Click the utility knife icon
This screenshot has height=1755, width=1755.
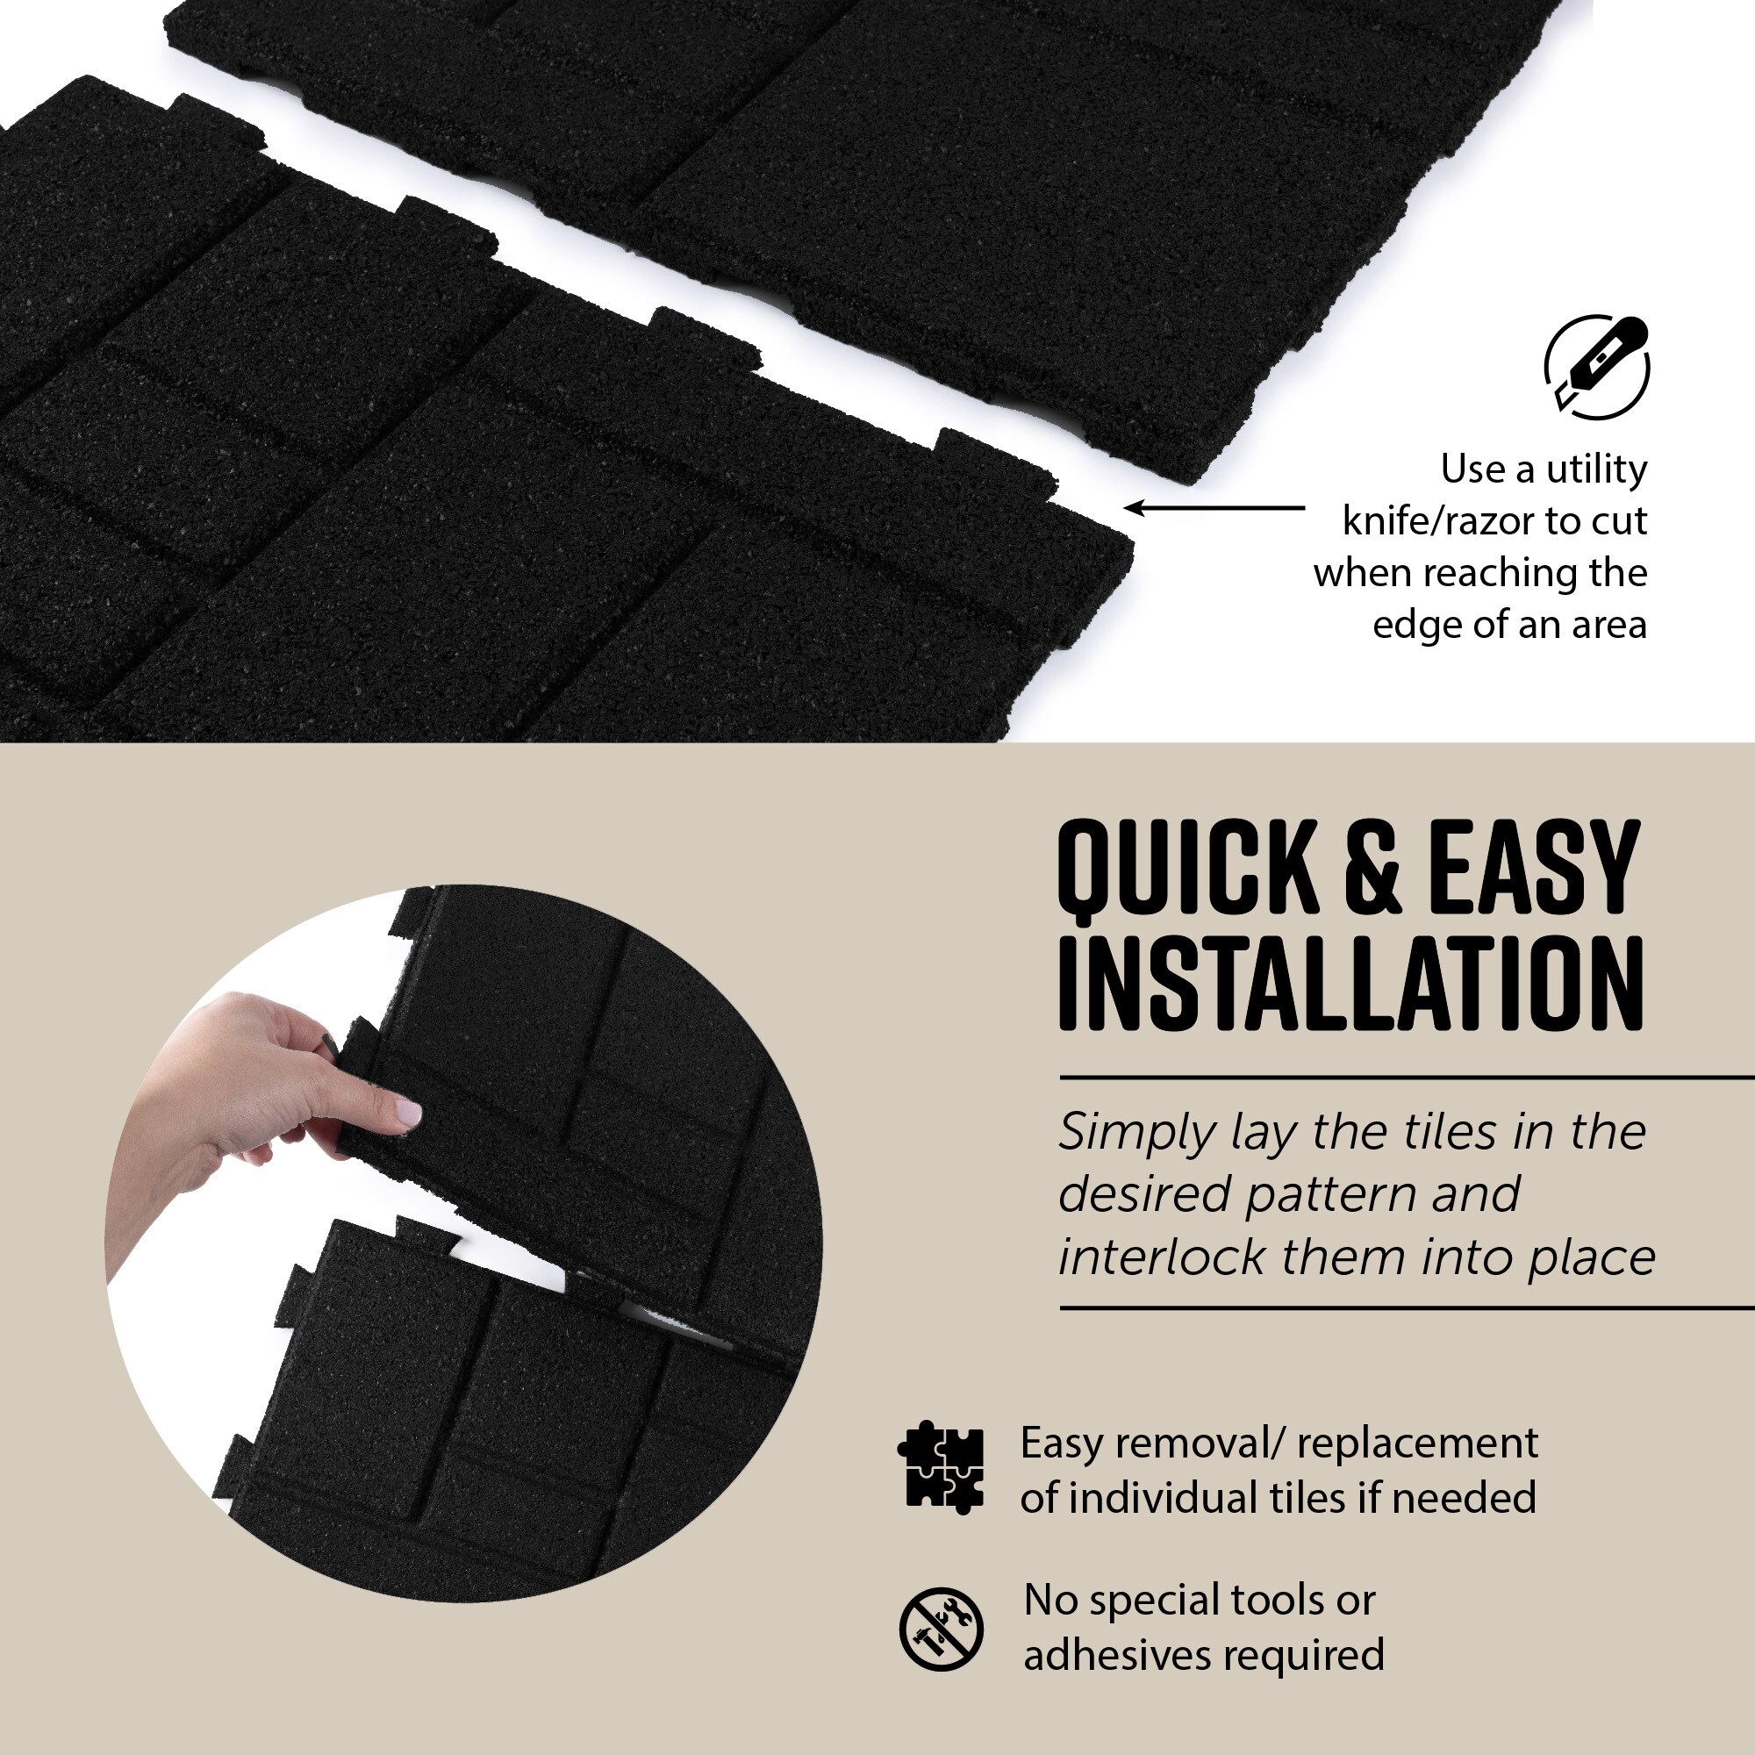click(1597, 367)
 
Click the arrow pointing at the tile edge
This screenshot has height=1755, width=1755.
click(1214, 508)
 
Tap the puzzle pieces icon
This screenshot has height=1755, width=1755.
click(940, 1466)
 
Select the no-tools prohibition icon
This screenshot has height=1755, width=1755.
click(941, 1630)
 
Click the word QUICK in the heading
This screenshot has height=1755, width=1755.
click(1188, 867)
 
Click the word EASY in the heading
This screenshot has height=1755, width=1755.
click(1534, 867)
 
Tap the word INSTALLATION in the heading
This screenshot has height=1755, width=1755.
click(1350, 985)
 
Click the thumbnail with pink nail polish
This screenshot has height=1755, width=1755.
click(407, 1111)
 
